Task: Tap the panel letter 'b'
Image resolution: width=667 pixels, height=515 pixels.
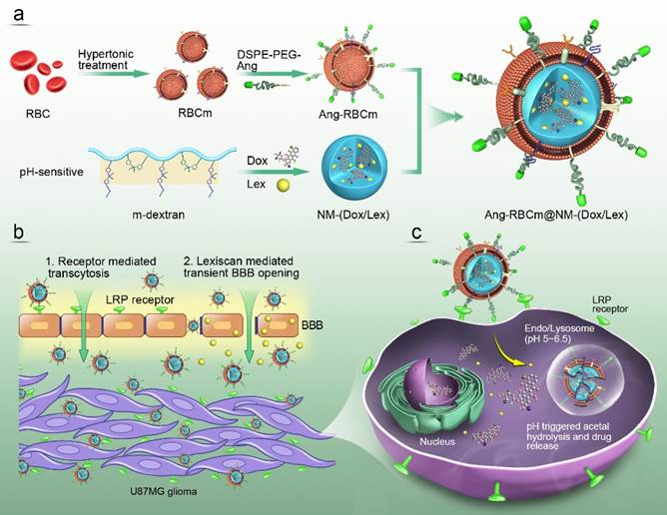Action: [17, 233]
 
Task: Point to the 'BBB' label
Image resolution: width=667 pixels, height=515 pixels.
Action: [313, 325]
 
